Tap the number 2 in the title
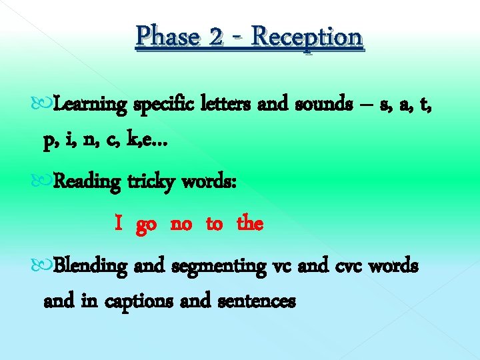pyautogui.click(x=215, y=36)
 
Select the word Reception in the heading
pyautogui.click(x=308, y=37)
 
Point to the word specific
pyautogui.click(x=165, y=105)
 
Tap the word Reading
pyautogui.click(x=87, y=182)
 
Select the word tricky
pyautogui.click(x=147, y=182)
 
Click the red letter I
pyautogui.click(x=118, y=223)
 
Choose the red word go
pyautogui.click(x=147, y=225)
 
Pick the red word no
pyautogui.click(x=181, y=224)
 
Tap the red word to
pyautogui.click(x=214, y=224)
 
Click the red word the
pyautogui.click(x=250, y=223)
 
